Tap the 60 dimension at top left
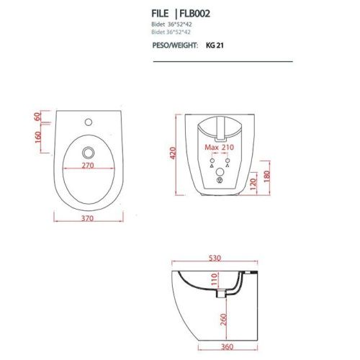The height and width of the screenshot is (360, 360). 37,116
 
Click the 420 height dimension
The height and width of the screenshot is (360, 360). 174,153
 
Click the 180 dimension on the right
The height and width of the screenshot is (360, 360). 267,176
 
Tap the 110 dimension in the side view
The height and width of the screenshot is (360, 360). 213,279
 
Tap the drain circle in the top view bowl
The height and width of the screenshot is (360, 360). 88,152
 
